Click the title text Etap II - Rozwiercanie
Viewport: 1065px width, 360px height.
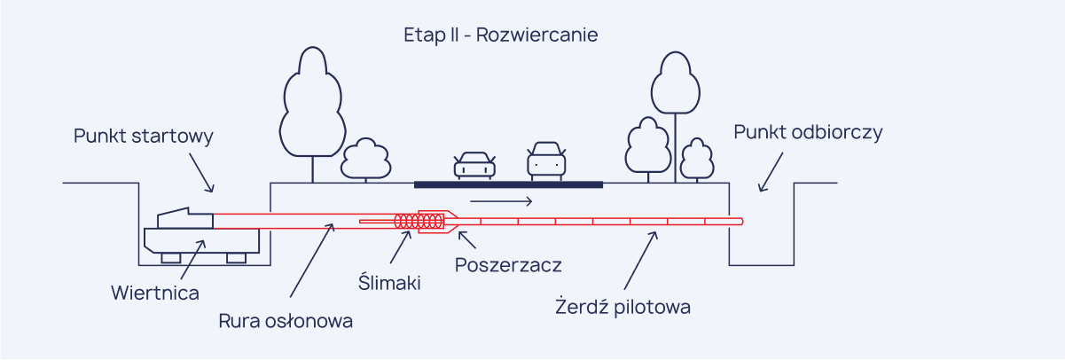click(x=501, y=35)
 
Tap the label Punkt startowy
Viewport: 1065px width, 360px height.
click(x=144, y=137)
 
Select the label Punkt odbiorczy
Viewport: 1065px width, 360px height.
click(x=808, y=132)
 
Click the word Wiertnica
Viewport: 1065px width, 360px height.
click(x=155, y=293)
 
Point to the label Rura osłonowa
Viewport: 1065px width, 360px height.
click(x=286, y=321)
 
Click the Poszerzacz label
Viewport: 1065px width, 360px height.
click(x=508, y=264)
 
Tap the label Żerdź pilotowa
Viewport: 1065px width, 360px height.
click(x=623, y=308)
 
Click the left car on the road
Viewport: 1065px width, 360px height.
click(x=474, y=165)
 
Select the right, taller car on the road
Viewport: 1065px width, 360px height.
click(x=545, y=161)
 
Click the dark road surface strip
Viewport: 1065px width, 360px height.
click(x=508, y=184)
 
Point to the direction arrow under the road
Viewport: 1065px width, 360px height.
click(x=501, y=202)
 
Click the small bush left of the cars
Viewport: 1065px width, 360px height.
click(x=366, y=159)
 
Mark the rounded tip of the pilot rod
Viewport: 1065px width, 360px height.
click(x=739, y=221)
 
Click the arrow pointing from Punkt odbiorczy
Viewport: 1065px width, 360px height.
click(x=771, y=172)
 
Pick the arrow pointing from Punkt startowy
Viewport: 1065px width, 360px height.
click(x=200, y=172)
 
